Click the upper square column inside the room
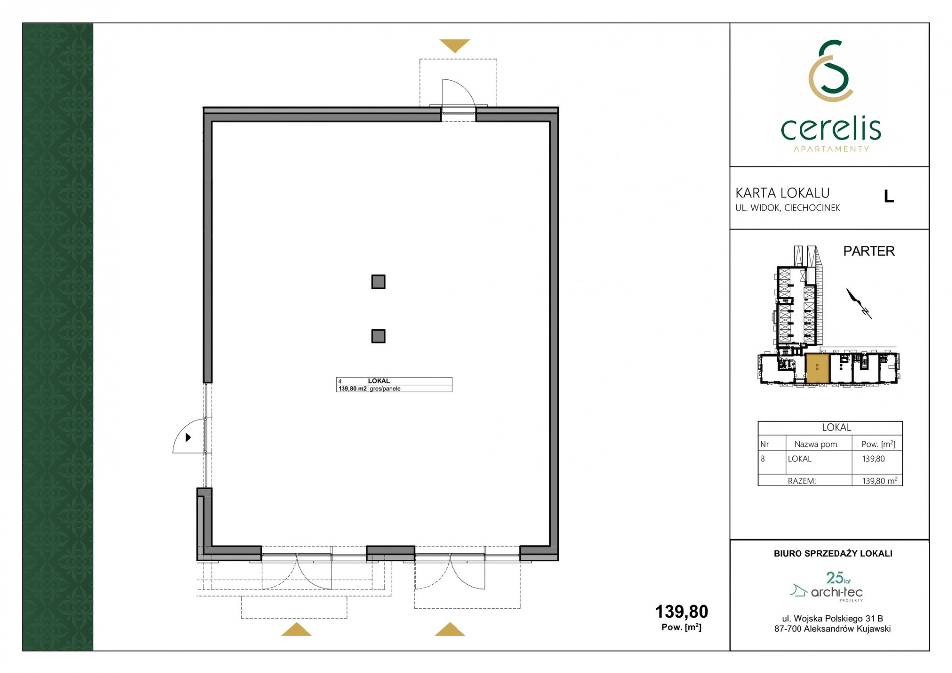378,282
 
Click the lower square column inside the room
378,336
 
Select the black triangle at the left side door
188,437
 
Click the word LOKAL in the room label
379,381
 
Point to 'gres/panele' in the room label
385,389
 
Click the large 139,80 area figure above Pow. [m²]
682,612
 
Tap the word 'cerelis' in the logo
831,129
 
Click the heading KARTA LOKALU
782,193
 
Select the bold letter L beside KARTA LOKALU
889,196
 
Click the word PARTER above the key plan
869,251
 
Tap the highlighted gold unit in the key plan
817,369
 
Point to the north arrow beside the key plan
859,303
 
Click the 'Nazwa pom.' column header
816,444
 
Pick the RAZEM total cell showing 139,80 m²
879,480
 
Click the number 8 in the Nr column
763,459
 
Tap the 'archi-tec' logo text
837,592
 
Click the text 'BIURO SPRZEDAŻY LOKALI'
833,554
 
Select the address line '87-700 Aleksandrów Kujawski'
833,629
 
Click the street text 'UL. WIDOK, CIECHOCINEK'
788,208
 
